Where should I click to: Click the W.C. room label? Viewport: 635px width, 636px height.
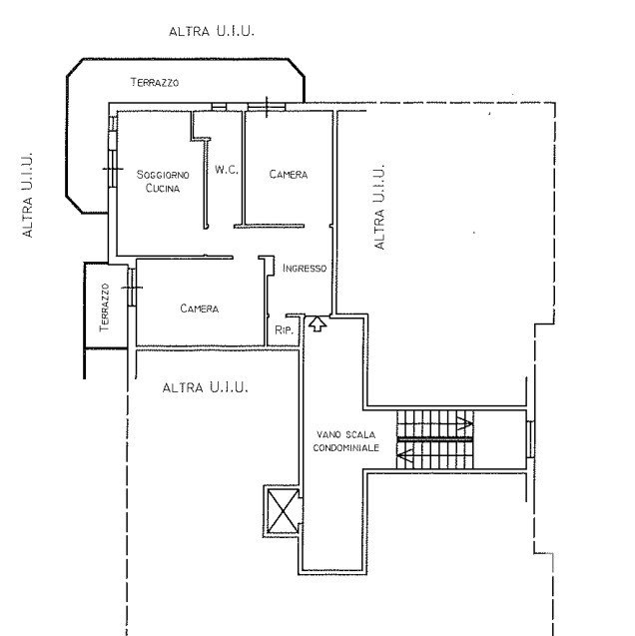coord(227,170)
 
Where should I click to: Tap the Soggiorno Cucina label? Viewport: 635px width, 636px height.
coord(163,182)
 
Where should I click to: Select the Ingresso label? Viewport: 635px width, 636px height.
coord(305,269)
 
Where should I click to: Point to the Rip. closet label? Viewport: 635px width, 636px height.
coord(284,330)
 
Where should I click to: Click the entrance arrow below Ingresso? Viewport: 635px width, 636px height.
coord(317,324)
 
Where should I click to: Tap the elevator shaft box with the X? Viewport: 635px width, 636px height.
coord(283,511)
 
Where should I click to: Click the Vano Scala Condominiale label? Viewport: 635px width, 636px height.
coord(345,441)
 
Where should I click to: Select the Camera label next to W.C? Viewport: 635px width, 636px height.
coord(289,175)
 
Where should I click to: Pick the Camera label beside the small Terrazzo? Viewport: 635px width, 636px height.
coord(199,309)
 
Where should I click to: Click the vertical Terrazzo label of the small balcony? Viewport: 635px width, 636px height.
coord(104,308)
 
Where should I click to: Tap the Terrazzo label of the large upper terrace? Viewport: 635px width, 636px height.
coord(155,82)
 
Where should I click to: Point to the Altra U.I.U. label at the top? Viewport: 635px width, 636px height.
coord(212,31)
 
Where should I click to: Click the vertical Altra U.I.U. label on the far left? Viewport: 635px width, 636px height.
coord(27,195)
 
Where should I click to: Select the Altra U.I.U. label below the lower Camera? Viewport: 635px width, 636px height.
coord(205,387)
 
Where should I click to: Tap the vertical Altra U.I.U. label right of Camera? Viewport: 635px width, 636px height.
coord(378,207)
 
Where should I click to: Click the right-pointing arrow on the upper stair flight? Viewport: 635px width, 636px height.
coord(464,423)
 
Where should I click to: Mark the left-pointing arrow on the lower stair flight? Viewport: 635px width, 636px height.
coord(405,455)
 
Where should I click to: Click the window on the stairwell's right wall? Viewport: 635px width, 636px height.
coord(530,439)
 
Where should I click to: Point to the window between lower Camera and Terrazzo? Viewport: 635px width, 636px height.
coord(132,288)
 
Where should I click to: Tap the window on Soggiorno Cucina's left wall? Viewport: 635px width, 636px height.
coord(113,169)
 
